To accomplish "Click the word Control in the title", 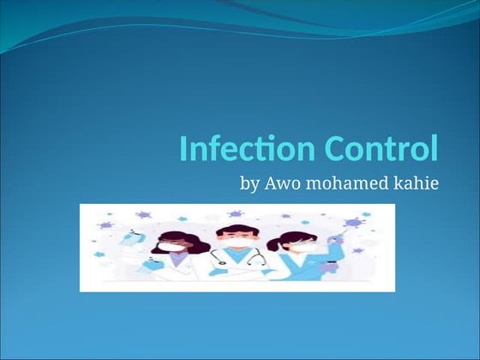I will tap(381, 149).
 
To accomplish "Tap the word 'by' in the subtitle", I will tap(252, 184).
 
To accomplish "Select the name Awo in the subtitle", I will tap(282, 183).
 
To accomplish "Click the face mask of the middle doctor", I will tap(237, 243).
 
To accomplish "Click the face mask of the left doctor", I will tap(172, 248).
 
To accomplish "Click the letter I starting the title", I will tap(183, 149).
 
